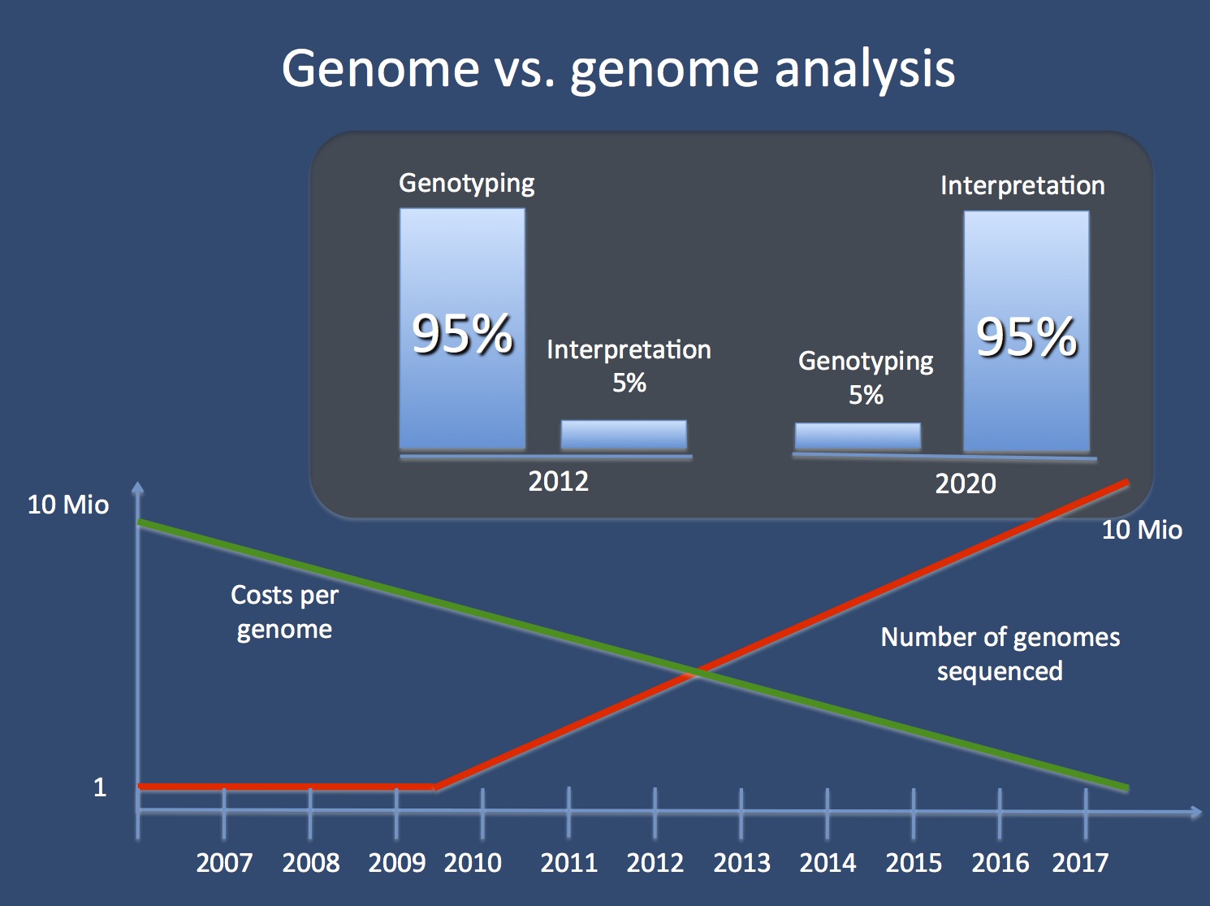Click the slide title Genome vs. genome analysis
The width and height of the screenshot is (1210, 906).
coord(618,68)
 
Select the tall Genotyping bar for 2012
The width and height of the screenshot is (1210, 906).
coord(462,329)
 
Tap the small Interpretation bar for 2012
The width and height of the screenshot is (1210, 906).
coord(624,435)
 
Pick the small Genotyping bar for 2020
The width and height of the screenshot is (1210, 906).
coord(858,436)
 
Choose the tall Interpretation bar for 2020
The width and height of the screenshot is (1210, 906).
coord(1026,332)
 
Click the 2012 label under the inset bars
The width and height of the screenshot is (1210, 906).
coord(558,482)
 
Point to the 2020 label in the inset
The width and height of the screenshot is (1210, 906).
coord(965,484)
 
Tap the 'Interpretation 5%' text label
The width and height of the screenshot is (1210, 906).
coord(629,366)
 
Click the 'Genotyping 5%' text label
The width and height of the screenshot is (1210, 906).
coord(866,377)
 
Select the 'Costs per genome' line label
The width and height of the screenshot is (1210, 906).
coord(284,612)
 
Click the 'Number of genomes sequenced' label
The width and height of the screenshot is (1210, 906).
coord(1000,653)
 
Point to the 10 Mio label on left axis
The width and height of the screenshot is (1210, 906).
coord(68,505)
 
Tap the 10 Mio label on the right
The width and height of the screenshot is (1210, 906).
coord(1141,531)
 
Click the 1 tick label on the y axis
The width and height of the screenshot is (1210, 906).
coord(100,787)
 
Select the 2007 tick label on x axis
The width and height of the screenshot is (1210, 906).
coord(224,863)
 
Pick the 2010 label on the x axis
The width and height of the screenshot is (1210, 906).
coord(473,863)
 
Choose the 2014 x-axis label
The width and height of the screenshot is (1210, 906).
coord(828,863)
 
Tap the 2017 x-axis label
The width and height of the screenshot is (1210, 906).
coord(1080,863)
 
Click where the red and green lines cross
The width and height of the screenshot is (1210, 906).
coord(697,672)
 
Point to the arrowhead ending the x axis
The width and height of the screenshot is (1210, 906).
coord(1195,812)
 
